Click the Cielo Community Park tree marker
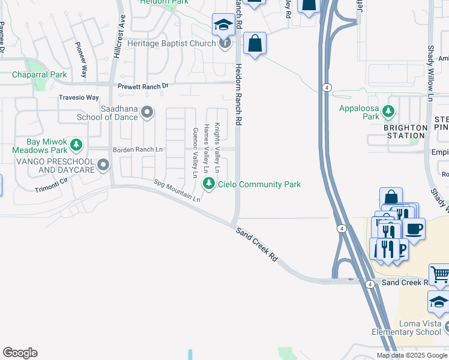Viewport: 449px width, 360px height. click(209, 183)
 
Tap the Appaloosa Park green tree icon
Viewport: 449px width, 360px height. click(389, 111)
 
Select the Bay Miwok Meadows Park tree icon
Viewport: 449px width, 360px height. click(76, 145)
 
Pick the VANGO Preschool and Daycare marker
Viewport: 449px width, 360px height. click(104, 164)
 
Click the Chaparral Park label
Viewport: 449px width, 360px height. click(40, 75)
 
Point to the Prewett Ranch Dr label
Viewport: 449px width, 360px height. click(143, 86)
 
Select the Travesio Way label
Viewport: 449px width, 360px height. click(79, 97)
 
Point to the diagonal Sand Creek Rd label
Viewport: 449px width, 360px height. click(256, 244)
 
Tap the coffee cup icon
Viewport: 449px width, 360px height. click(414, 228)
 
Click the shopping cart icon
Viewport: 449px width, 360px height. click(440, 275)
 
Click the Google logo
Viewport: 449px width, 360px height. click(20, 353)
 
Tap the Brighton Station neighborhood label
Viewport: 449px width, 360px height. click(406, 131)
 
